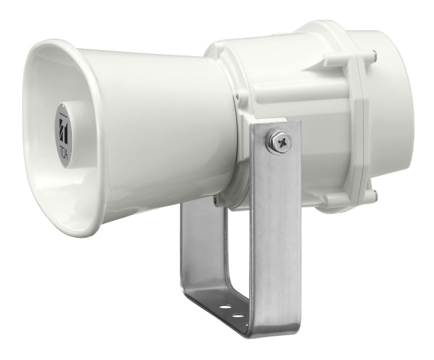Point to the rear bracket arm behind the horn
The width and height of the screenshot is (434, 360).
196,254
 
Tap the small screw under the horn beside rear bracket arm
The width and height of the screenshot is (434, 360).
214,198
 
